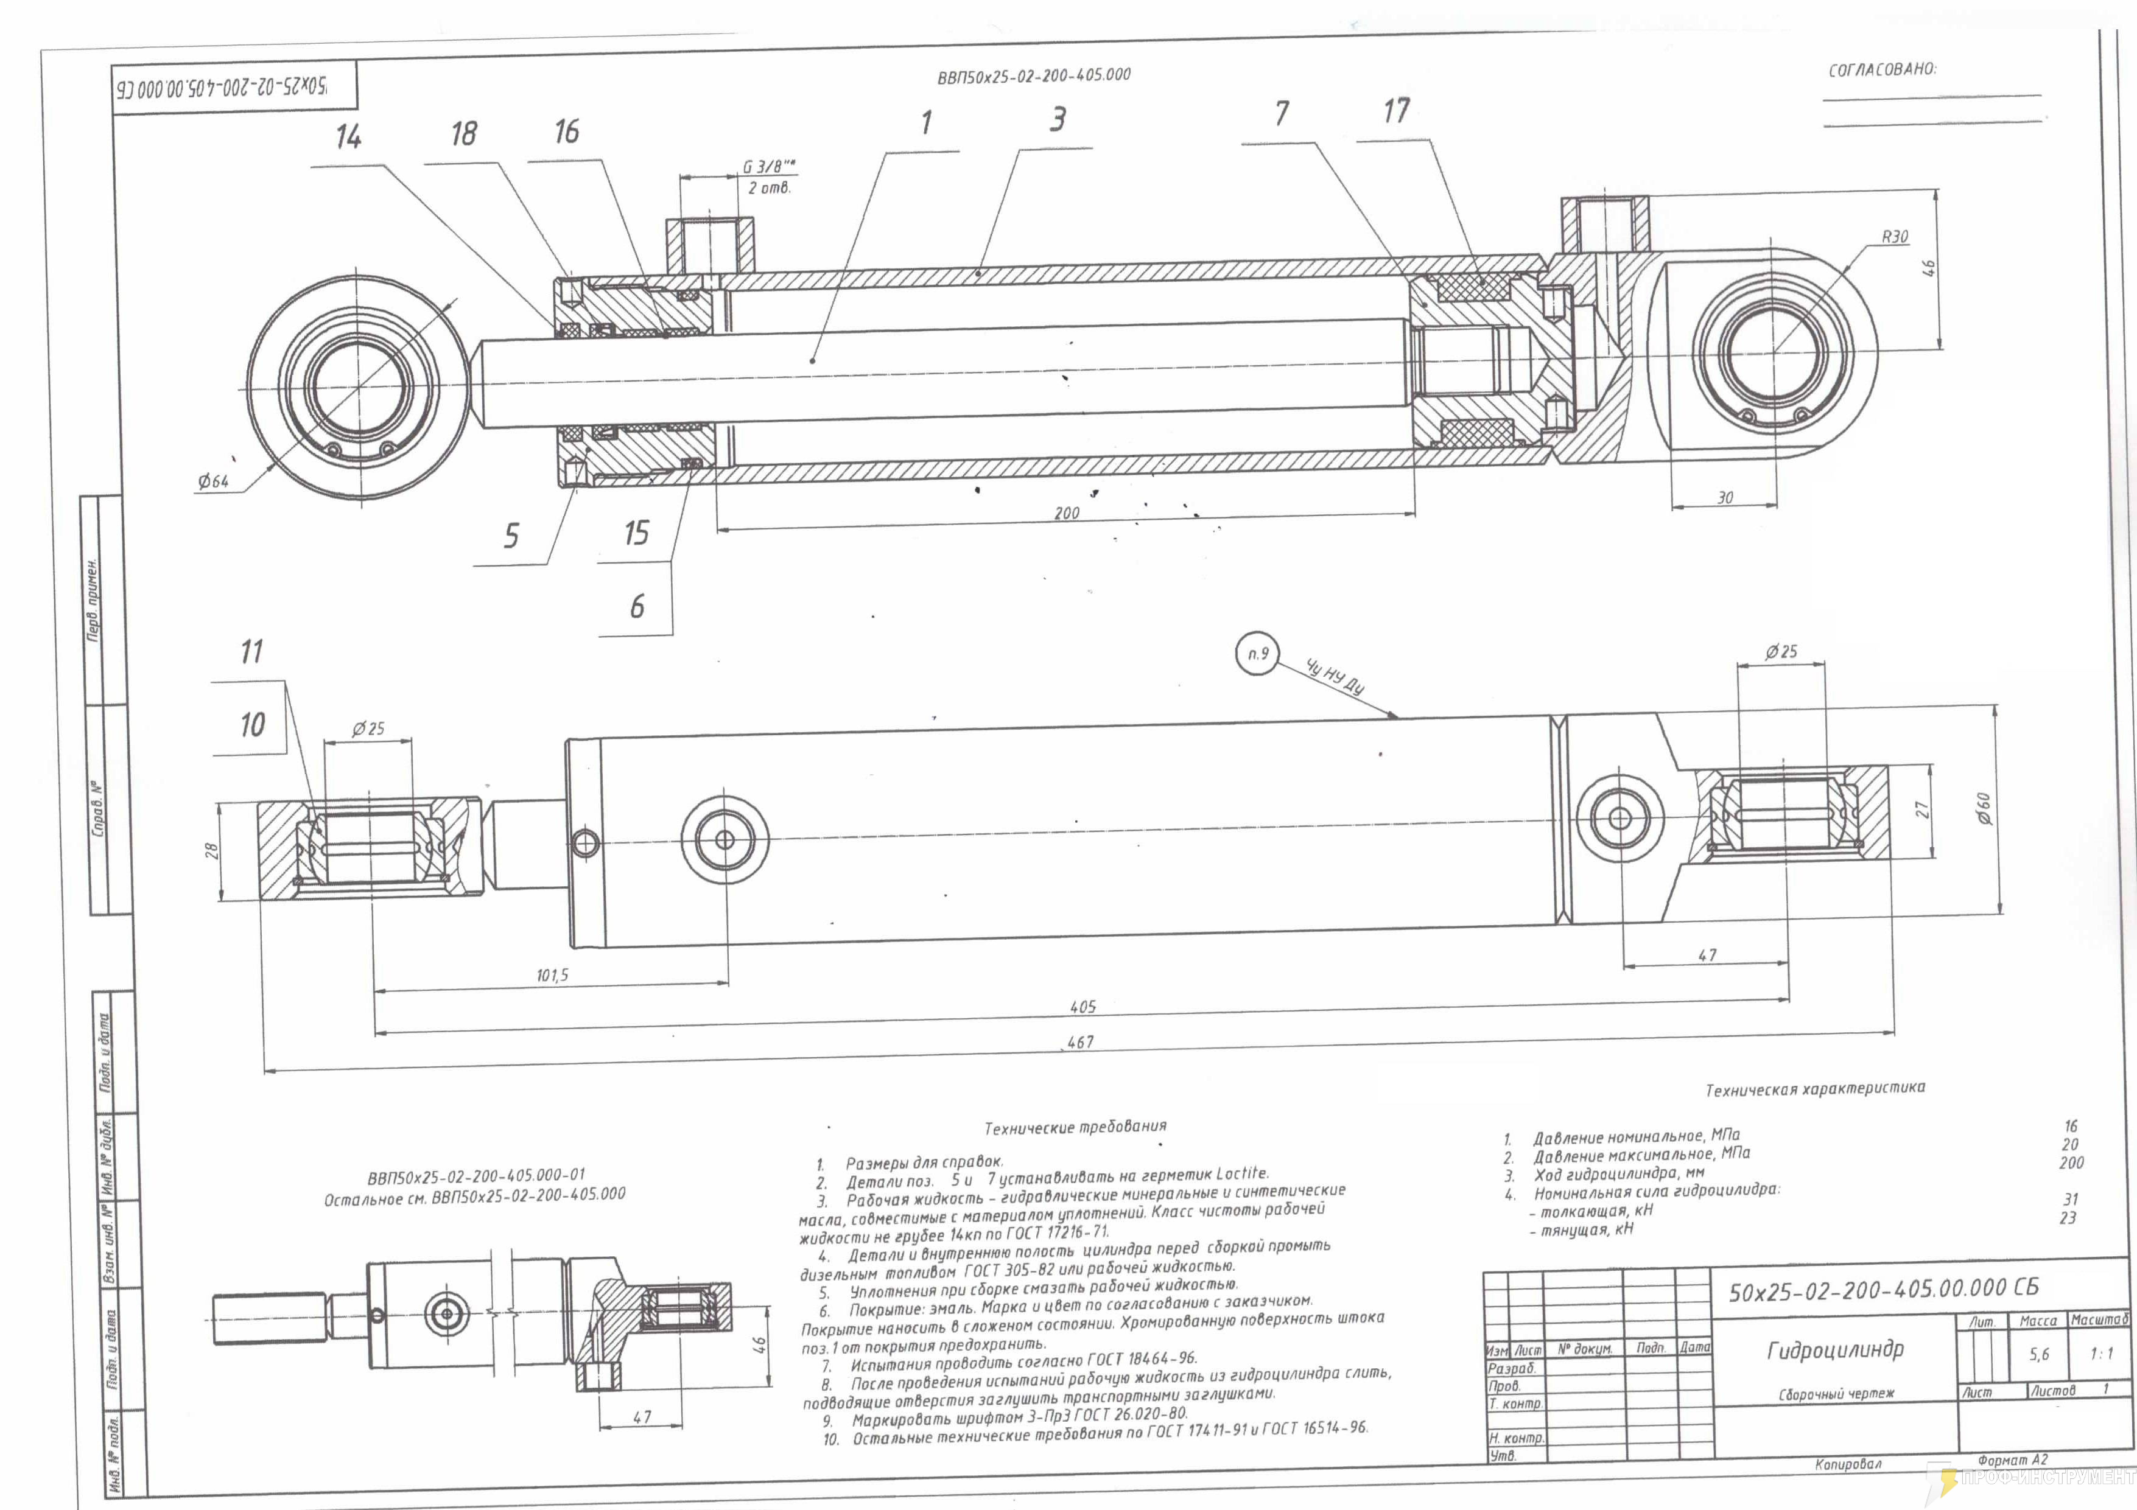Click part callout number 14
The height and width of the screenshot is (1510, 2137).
tap(348, 138)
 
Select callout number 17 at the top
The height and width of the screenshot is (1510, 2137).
tap(1396, 111)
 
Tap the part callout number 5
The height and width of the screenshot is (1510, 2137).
tap(511, 537)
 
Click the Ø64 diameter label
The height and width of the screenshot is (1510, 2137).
tap(213, 481)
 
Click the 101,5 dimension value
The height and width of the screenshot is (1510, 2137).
tap(552, 976)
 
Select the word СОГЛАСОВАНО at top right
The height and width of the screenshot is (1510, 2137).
tap(1882, 71)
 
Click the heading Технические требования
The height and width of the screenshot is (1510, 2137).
tap(1075, 1127)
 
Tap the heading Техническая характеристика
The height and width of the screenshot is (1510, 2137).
tap(1815, 1089)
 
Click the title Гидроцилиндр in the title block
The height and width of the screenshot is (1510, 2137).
tap(1834, 1350)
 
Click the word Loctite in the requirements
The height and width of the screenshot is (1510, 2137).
tap(1241, 1174)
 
